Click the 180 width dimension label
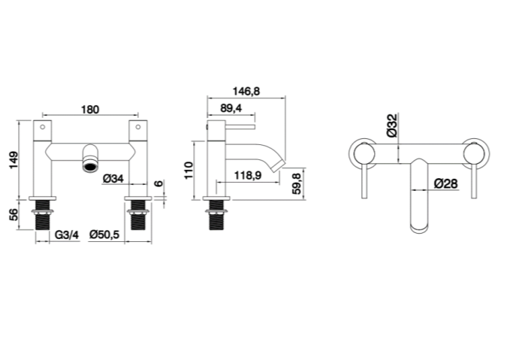[x=90, y=110]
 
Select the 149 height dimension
[x=14, y=160]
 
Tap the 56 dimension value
[x=14, y=215]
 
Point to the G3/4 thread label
[x=67, y=234]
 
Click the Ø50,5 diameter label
[x=104, y=234]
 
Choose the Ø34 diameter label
[x=113, y=178]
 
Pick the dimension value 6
[x=158, y=183]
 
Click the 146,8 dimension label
[x=246, y=91]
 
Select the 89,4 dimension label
[x=231, y=108]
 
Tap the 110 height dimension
[x=189, y=171]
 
